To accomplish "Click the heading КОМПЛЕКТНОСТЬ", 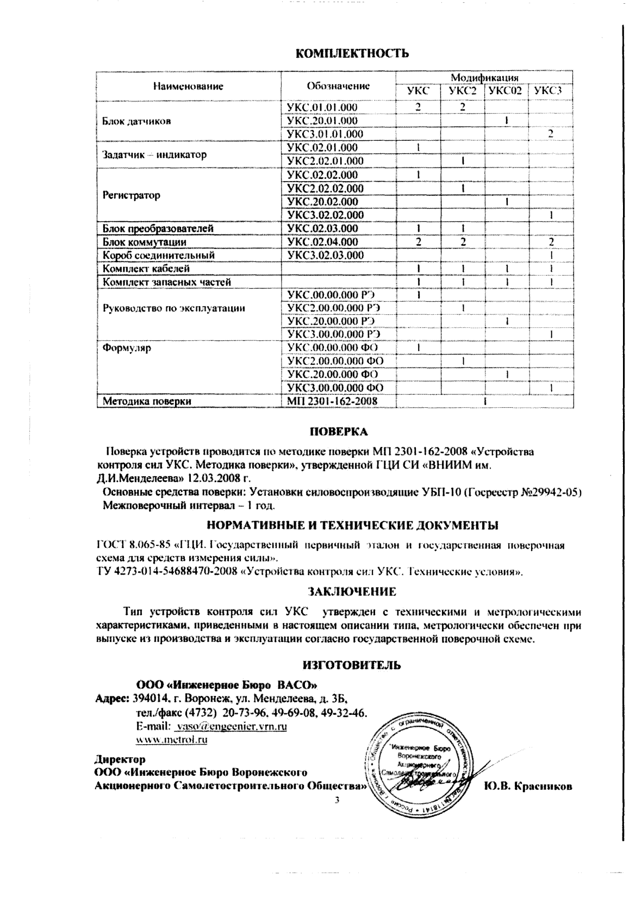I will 351,53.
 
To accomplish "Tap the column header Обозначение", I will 338,85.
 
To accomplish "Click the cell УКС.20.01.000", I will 322,121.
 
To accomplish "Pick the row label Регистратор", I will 132,195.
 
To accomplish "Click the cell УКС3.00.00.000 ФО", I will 335,388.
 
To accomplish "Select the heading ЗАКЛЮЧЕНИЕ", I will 352,591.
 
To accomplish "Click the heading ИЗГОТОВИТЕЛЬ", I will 351,664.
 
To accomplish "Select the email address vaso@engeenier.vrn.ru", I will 231,726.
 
